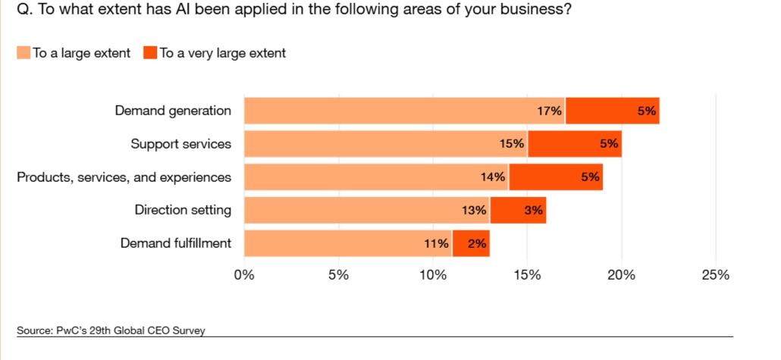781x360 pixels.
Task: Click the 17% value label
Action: pos(550,111)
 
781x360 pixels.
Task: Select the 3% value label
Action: pos(534,211)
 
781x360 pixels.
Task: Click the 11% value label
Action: pos(436,244)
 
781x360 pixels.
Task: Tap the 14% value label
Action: pos(493,177)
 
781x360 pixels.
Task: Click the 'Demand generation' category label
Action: pos(173,111)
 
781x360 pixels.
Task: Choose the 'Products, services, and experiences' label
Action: pos(124,177)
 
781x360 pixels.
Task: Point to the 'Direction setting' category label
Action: pos(183,211)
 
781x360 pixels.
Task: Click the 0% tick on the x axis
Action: pos(244,274)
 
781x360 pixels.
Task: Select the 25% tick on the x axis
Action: pos(716,274)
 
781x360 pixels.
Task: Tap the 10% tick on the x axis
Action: pos(433,274)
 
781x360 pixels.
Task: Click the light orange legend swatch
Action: pos(23,53)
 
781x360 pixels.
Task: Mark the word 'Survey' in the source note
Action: pos(190,330)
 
